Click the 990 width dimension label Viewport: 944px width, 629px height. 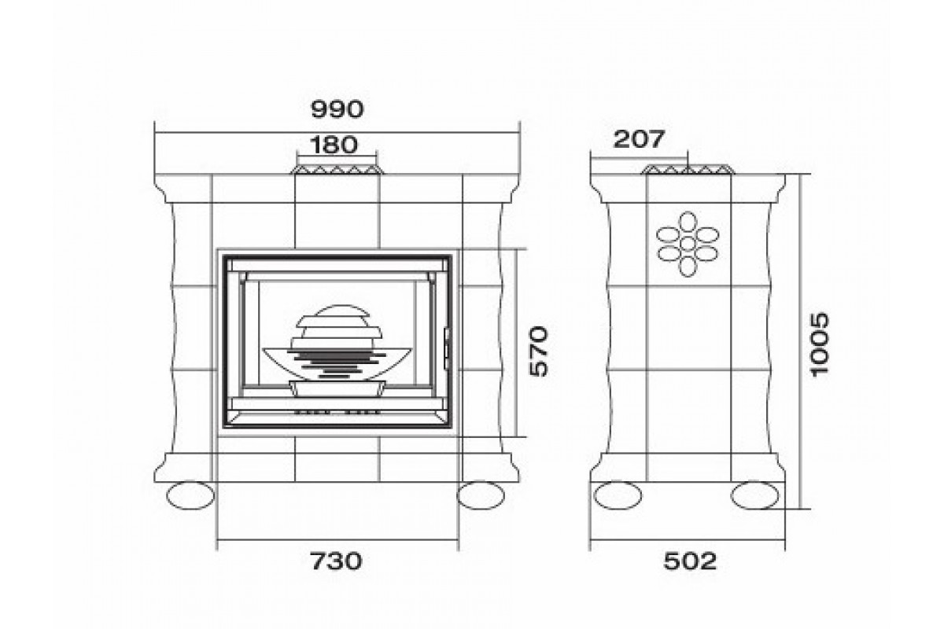(x=337, y=109)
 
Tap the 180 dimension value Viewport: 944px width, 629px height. (x=334, y=145)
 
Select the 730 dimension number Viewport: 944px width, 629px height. (x=337, y=561)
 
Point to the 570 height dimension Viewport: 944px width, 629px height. (x=539, y=351)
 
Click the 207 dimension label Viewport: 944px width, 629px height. (x=639, y=139)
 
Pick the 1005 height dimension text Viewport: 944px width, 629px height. (x=820, y=344)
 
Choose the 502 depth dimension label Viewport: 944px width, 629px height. (x=691, y=561)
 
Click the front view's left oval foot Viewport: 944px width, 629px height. (x=190, y=495)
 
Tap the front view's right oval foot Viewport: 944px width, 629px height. (x=481, y=495)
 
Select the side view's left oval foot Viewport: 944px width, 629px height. (x=618, y=495)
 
